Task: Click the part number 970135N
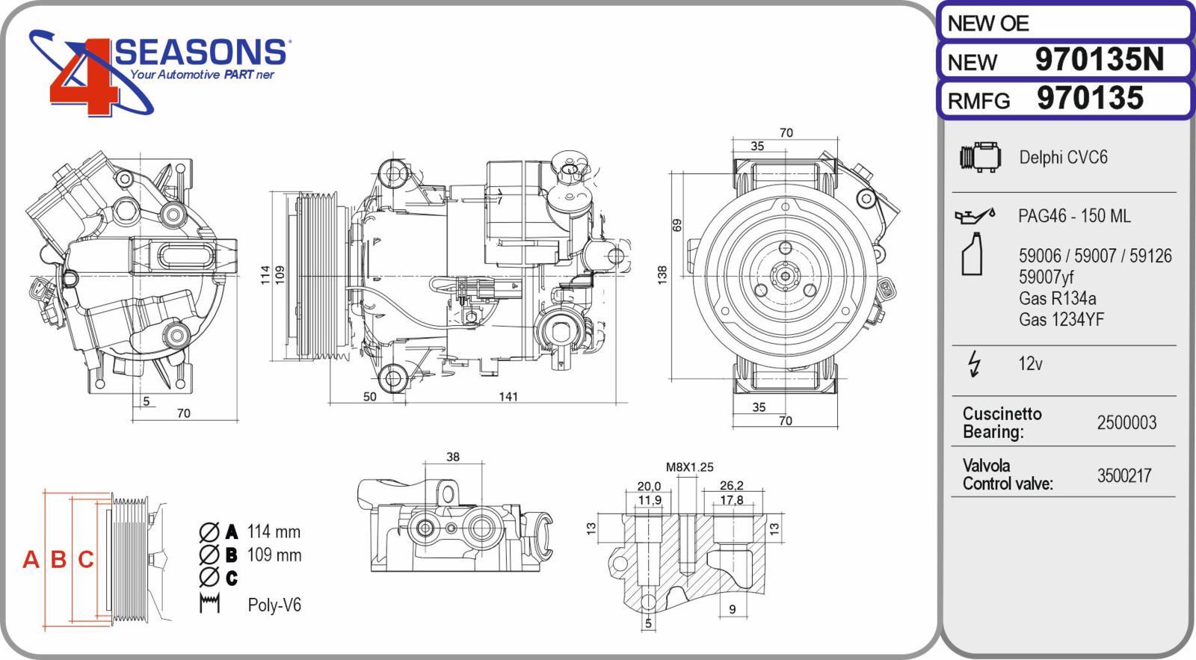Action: (1099, 60)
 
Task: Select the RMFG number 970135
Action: (1090, 99)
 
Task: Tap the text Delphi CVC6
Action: (1063, 158)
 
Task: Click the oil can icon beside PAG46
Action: (975, 216)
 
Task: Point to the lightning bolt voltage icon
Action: (974, 363)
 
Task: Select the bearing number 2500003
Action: (1126, 423)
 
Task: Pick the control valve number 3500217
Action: (1124, 476)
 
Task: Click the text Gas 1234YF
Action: (1061, 320)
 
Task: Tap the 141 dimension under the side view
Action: (508, 397)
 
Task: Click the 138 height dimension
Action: (662, 274)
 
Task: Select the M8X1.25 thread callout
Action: (689, 467)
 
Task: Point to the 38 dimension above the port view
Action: (453, 457)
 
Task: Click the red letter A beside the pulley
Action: (31, 559)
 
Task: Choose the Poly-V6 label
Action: (274, 605)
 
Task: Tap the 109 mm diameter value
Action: (274, 555)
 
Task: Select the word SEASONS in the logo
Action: (200, 52)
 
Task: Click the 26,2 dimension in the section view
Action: (731, 486)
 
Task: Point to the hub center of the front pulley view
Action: (785, 276)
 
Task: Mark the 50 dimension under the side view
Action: (370, 397)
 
